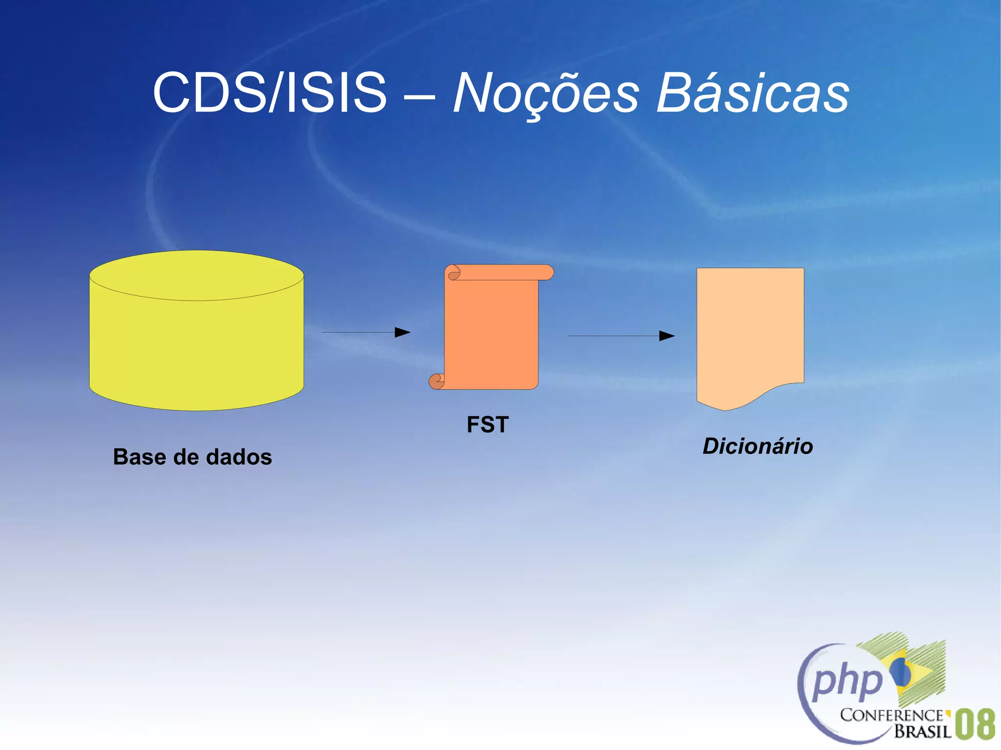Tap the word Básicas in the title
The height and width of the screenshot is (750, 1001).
tap(752, 93)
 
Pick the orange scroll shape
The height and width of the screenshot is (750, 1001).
tap(491, 332)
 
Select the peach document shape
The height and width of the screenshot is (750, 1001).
tap(750, 332)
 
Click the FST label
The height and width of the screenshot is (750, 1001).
tap(487, 424)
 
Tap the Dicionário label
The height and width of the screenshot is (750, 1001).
tap(758, 446)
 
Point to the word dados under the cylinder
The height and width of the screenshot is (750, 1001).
tap(239, 457)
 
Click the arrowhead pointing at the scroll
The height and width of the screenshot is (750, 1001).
tap(403, 332)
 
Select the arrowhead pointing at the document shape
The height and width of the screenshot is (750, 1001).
tap(667, 336)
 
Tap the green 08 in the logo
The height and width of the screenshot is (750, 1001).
tap(975, 724)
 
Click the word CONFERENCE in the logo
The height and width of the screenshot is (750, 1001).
tap(892, 715)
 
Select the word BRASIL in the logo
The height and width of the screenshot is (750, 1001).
tap(923, 731)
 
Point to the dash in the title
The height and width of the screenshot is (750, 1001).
tap(419, 95)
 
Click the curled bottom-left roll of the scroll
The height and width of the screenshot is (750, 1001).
tap(436, 381)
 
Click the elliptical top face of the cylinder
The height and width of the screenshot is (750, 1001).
tap(196, 275)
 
